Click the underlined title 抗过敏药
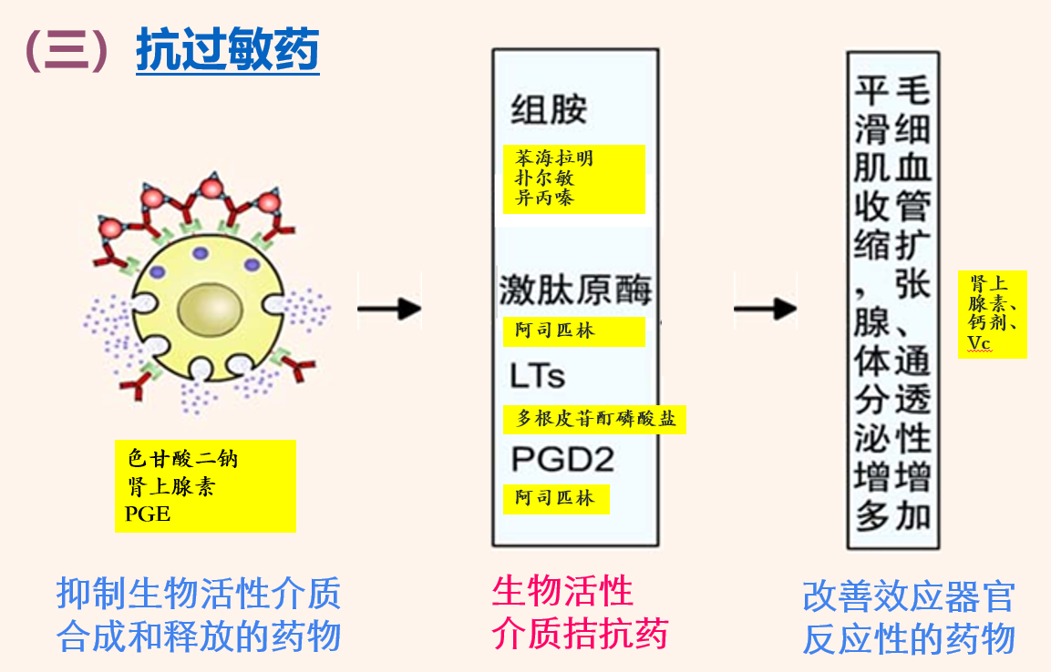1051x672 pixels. coord(227,50)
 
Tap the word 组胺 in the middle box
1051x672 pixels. coord(549,110)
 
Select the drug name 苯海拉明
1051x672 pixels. coord(554,158)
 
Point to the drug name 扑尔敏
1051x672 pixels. coord(545,178)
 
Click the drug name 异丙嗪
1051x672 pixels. coord(545,198)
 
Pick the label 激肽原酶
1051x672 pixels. coord(575,290)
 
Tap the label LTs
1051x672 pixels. coord(538,375)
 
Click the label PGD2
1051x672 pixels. coord(562,458)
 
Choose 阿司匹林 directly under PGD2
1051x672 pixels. coord(554,498)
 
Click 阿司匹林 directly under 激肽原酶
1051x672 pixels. coord(554,331)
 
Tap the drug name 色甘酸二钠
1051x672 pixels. coord(182,458)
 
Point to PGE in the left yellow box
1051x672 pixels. coord(148,514)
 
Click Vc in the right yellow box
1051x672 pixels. coord(979,342)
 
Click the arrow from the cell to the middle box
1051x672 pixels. coord(389,309)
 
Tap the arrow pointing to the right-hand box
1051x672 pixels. coord(765,309)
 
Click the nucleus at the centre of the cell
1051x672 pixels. coord(209,310)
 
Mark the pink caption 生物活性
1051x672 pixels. coord(562,592)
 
